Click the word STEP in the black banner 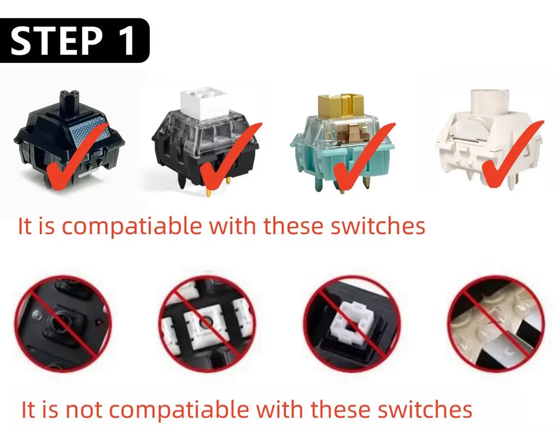(x=56, y=41)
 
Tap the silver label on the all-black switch (x=90, y=132)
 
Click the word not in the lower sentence (x=84, y=410)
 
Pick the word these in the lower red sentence (x=340, y=410)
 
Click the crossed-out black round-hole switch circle (x=63, y=324)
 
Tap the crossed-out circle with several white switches (x=207, y=324)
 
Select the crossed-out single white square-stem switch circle (x=352, y=324)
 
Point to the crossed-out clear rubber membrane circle (x=496, y=324)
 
